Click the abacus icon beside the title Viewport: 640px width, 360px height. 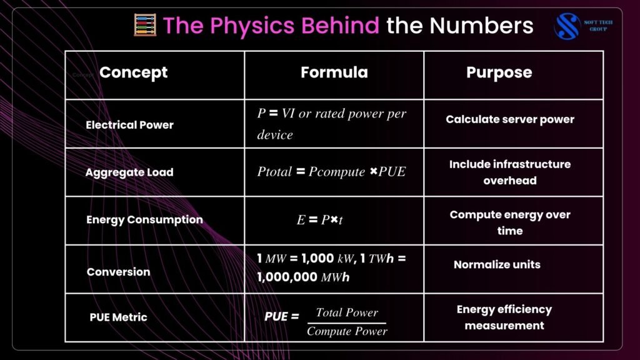[145, 25]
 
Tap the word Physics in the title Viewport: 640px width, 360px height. [252, 26]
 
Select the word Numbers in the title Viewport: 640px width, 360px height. [481, 25]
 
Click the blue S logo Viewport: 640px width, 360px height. [567, 26]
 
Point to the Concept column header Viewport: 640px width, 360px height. [134, 72]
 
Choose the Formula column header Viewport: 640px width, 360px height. [334, 72]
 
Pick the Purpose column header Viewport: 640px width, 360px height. [499, 72]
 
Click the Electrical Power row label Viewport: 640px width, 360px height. [129, 125]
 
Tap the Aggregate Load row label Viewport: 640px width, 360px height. [129, 172]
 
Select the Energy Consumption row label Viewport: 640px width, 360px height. [144, 219]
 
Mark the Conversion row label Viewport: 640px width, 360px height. [118, 272]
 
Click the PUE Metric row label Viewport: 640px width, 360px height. [118, 317]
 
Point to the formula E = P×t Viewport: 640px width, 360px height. [319, 220]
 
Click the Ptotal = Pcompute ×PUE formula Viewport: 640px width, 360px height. [331, 172]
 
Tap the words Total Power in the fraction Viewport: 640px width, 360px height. [347, 312]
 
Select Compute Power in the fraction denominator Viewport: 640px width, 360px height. [347, 331]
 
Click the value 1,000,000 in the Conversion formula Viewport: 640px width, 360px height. [287, 277]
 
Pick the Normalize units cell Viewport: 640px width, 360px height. [497, 264]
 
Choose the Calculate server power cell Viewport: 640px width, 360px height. [510, 119]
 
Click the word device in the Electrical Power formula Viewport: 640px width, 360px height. [275, 135]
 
